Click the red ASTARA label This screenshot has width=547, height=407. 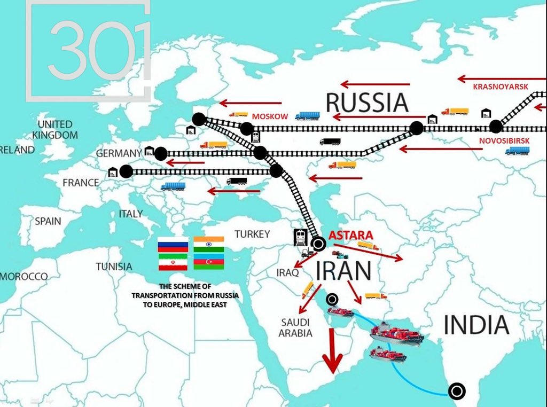coord(350,234)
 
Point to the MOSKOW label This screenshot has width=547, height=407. coord(270,116)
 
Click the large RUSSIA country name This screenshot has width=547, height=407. coord(367,103)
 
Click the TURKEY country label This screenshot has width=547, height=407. coord(253,234)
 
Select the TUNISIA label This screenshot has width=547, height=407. coord(114,266)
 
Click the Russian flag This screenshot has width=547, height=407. coord(173,244)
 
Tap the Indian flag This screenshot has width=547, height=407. coord(209,244)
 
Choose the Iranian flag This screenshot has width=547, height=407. coord(173,262)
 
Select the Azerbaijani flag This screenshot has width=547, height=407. coord(209,262)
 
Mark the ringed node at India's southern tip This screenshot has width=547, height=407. coord(456,392)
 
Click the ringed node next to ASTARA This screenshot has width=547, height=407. coord(318,245)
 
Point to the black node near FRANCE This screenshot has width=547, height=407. coord(126,171)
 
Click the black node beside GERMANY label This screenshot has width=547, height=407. coord(160,154)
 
